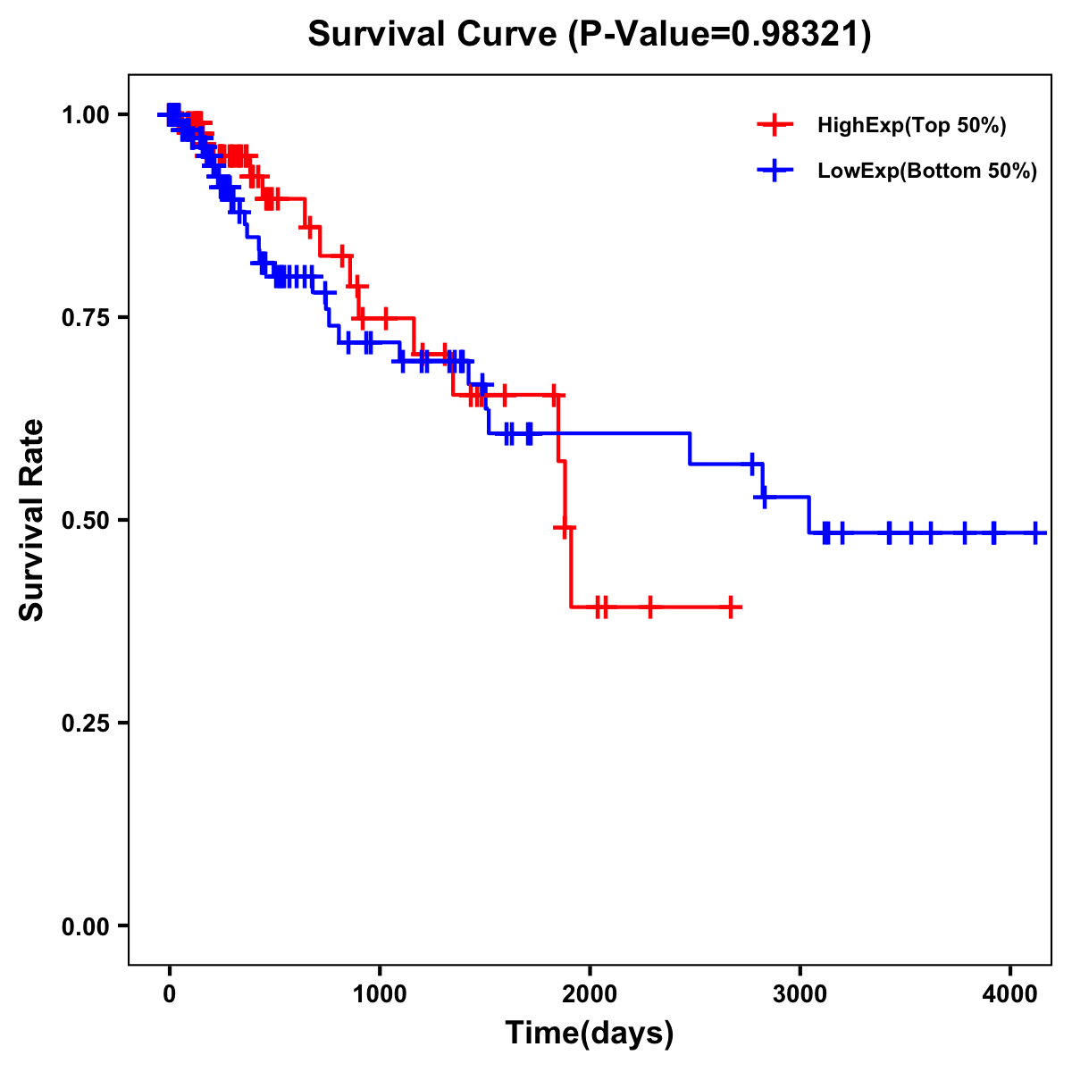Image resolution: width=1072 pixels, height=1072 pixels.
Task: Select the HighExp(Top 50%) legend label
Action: [911, 126]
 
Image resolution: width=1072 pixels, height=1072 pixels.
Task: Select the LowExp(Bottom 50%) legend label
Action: [927, 172]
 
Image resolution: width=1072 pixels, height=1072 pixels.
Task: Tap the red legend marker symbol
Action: [775, 126]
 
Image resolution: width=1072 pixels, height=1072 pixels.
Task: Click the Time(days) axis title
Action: [590, 1034]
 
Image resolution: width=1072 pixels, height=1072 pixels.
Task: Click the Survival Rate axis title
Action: [32, 520]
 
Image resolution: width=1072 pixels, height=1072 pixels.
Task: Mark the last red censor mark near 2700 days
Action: [732, 607]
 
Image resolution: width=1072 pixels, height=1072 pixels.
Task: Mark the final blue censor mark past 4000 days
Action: [1034, 532]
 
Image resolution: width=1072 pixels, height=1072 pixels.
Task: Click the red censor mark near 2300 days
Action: [650, 607]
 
